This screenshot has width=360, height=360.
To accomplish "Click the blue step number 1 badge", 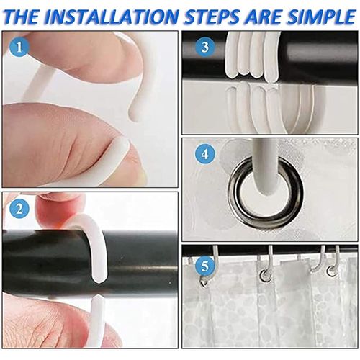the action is [19, 47].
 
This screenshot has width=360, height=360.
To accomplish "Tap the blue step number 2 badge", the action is [19, 209].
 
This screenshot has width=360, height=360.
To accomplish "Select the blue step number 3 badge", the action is [204, 47].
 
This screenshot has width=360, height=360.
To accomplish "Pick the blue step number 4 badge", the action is [204, 154].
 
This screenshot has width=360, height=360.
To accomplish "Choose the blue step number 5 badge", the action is [204, 266].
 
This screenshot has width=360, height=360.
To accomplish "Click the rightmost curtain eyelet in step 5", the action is [333, 272].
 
